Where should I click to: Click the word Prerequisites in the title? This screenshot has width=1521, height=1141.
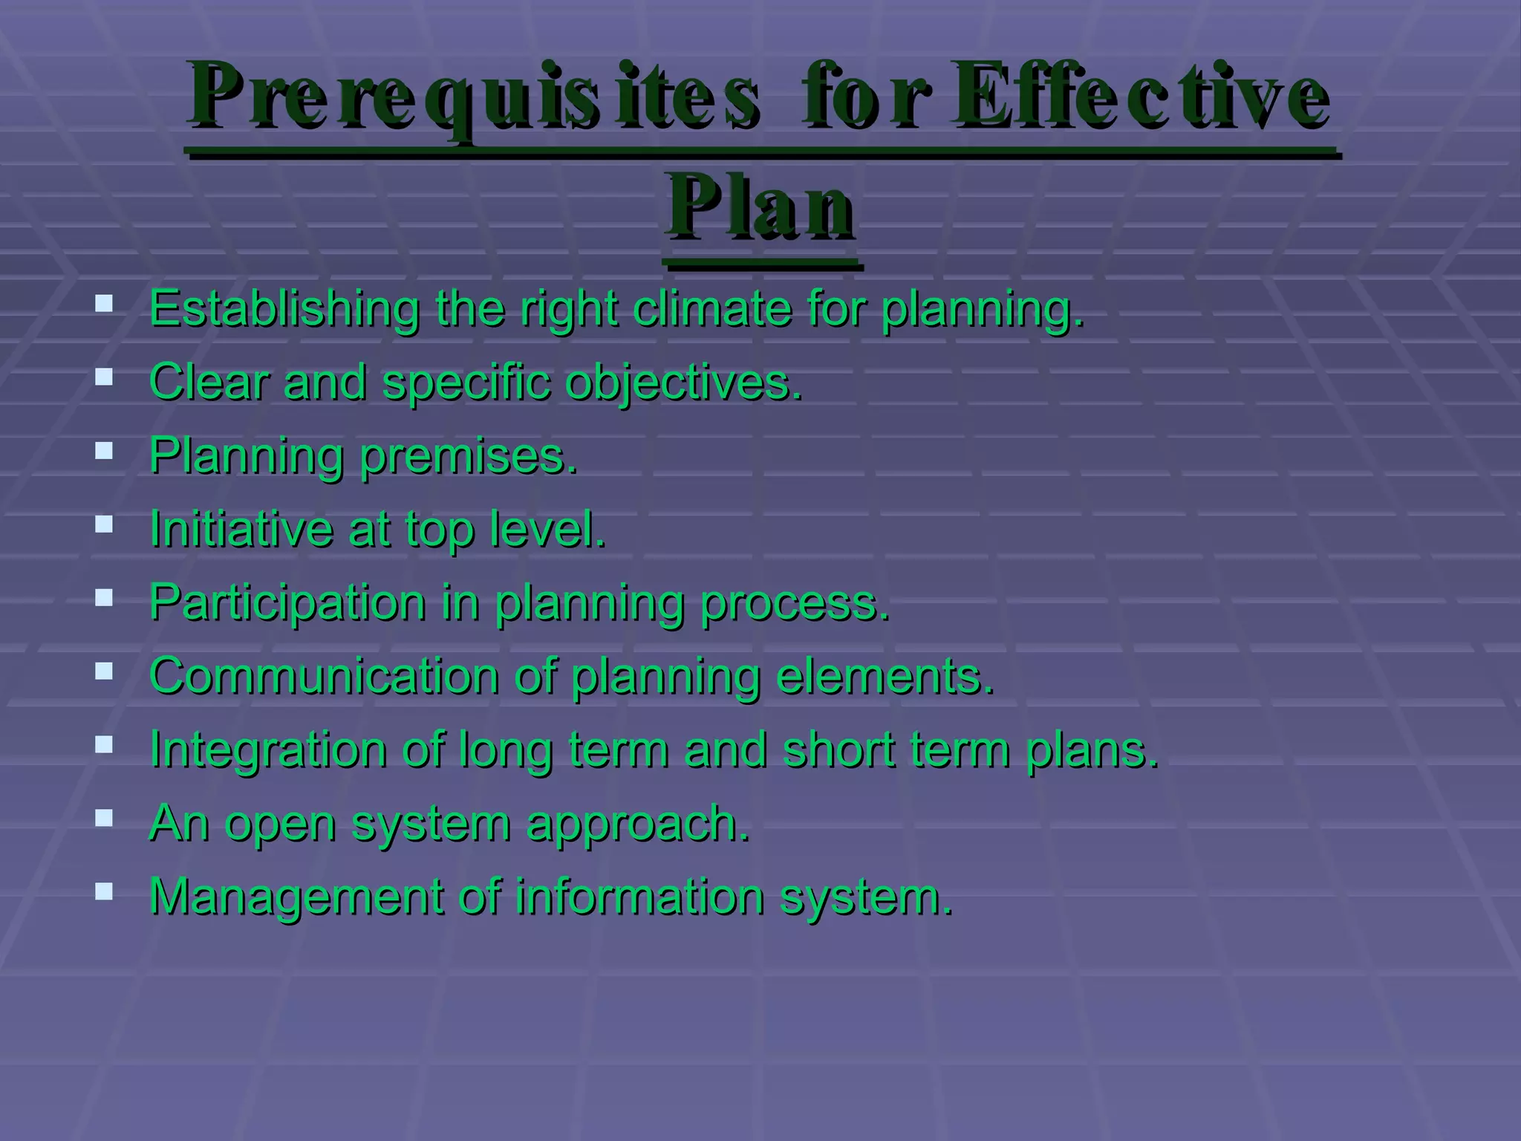(x=474, y=97)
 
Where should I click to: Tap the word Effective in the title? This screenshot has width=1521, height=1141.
(x=1140, y=97)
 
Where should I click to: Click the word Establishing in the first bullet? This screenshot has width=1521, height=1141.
(x=284, y=308)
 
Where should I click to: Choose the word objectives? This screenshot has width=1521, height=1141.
(x=683, y=383)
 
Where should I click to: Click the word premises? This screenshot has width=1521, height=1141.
(x=468, y=456)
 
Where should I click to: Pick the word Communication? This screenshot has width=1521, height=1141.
(x=325, y=675)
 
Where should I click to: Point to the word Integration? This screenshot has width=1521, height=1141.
(x=268, y=750)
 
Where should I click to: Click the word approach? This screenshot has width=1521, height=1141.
(x=637, y=824)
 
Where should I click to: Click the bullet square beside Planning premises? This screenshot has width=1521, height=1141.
(x=104, y=450)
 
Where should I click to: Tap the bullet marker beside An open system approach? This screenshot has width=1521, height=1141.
(x=104, y=818)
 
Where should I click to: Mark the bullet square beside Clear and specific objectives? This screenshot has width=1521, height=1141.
(x=104, y=377)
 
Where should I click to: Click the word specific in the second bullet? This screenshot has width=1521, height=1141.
(x=466, y=383)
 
